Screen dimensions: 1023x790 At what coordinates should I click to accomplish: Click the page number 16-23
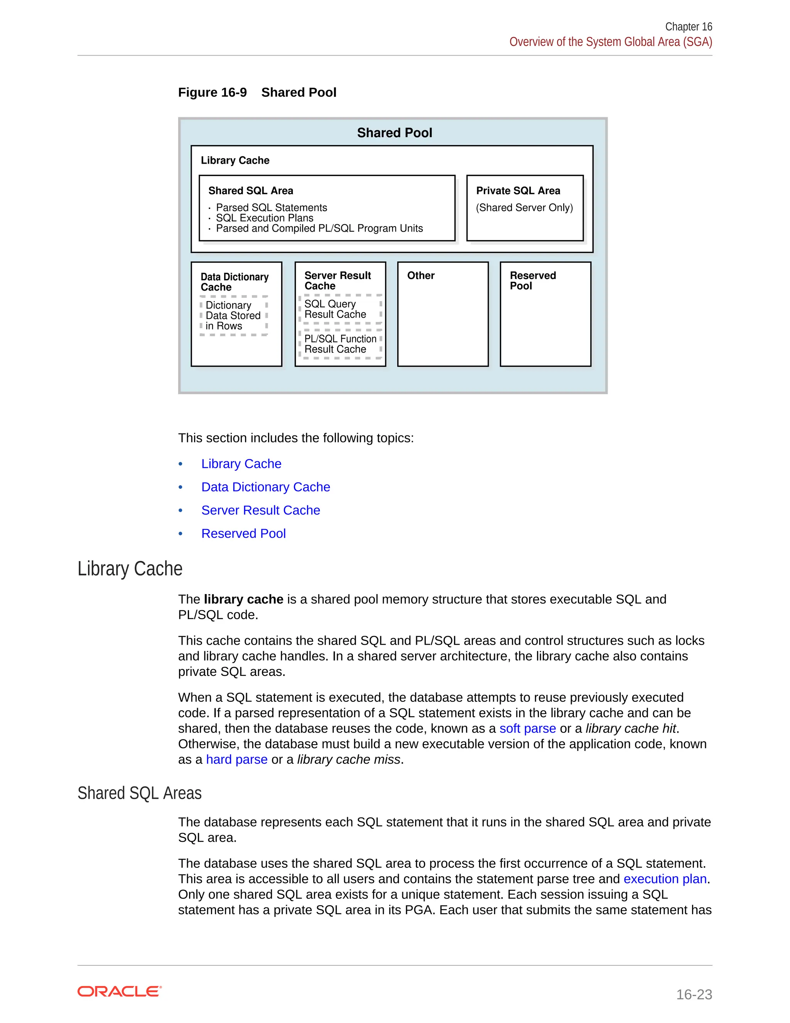[694, 994]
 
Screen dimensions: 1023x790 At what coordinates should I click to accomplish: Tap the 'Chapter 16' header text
[688, 27]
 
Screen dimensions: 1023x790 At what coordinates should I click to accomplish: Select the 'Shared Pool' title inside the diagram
[394, 133]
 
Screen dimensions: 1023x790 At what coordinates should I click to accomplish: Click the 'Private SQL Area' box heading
[518, 191]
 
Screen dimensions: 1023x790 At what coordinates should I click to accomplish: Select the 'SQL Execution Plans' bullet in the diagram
[264, 218]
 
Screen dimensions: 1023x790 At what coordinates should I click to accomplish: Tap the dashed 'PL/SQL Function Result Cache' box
[340, 344]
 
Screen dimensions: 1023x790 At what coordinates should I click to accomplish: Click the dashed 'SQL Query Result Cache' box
[340, 309]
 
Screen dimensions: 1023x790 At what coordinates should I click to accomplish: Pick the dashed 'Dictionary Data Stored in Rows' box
[233, 316]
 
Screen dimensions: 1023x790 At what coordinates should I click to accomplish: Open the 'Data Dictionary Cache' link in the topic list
[265, 487]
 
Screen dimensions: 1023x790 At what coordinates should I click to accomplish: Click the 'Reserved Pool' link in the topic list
[243, 534]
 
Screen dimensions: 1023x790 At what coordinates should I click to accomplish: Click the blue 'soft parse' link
[527, 728]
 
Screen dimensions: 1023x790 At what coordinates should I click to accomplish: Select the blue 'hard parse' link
[236, 759]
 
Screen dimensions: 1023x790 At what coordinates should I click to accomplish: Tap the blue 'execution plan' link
[665, 879]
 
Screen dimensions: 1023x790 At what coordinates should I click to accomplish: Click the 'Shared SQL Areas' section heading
[140, 793]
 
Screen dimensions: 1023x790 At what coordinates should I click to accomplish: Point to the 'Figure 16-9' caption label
[212, 92]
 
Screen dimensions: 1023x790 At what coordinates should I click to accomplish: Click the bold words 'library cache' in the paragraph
[243, 599]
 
